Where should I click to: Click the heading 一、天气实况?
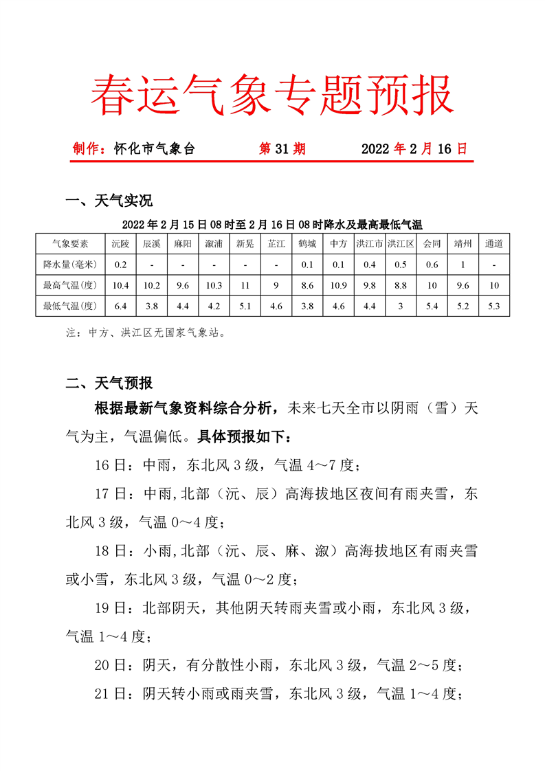109,201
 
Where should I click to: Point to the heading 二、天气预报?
109,383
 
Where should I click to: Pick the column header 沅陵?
120,244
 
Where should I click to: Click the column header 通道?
493,244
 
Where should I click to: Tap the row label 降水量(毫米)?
70,265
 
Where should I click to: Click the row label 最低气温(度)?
70,306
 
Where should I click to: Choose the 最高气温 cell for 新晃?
245,285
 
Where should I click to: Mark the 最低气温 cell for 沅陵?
120,306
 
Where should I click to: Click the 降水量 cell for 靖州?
463,265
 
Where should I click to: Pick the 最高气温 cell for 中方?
338,285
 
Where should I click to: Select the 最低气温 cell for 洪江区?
400,306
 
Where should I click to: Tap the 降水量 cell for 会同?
432,265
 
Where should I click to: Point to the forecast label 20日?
111,665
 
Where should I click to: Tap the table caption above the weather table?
272,224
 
